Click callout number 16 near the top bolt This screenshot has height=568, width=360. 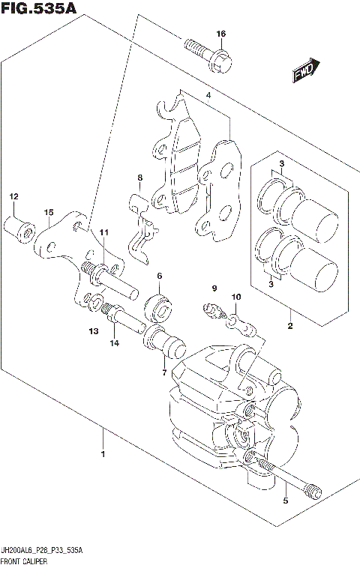220,34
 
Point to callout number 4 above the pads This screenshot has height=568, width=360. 208,96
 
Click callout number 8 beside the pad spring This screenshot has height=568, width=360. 139,178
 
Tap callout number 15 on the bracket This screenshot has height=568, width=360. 48,213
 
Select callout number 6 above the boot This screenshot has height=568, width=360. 160,277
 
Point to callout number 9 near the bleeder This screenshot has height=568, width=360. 213,288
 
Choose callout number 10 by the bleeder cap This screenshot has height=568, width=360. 235,297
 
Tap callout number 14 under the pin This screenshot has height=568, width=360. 115,343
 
